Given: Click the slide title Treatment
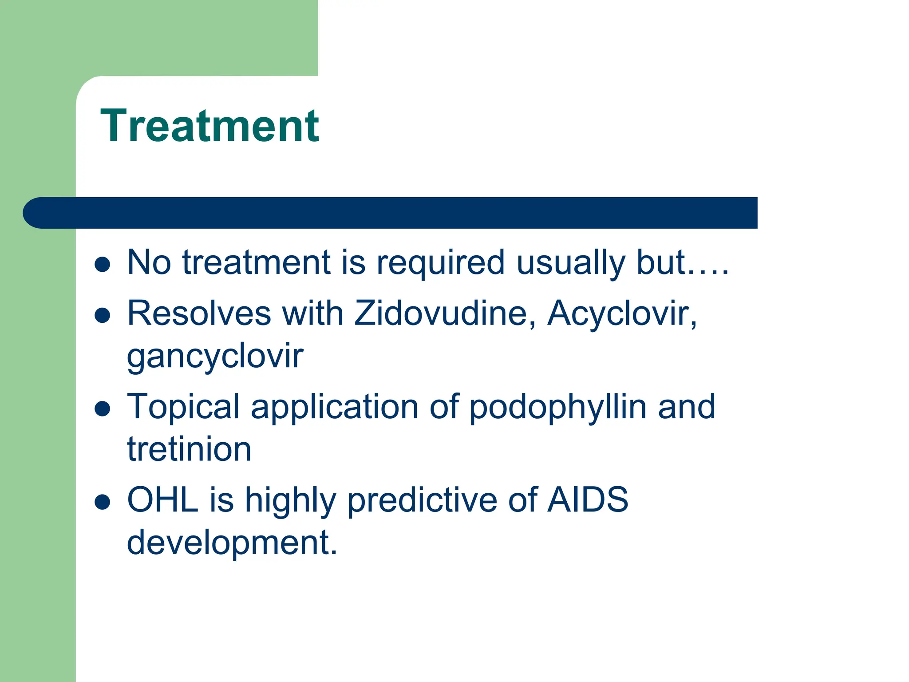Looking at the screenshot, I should coord(209,126).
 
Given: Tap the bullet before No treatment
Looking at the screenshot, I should coord(103,265).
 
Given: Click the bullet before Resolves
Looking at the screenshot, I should coord(103,315).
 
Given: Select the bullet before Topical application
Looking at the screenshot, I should coord(103,408).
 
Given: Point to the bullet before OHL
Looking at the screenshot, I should coord(103,502).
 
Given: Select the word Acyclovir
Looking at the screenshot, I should coord(621,313).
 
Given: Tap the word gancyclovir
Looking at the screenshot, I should coord(215,356).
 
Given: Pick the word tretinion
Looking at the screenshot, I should coord(189,449).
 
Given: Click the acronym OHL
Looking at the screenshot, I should coord(162,500).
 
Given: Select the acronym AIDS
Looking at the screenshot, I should coord(588,500).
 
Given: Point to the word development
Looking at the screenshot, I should coord(232,543).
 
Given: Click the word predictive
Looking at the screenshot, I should coord(422,501).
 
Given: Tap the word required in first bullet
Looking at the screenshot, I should coord(440,263).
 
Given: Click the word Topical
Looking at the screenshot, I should coord(183,408).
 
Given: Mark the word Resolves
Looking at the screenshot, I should coord(199,313).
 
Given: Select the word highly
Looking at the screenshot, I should coord(290,501).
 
